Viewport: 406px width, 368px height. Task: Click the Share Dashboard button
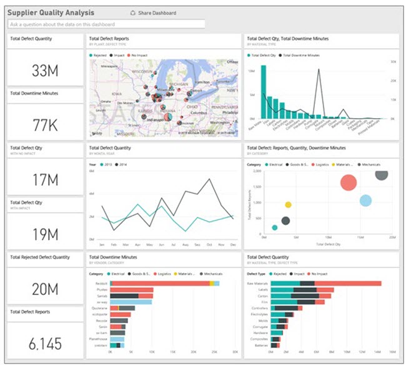coord(153,12)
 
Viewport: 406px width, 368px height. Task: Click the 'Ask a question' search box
coord(106,24)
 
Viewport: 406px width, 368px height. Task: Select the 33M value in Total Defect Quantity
coord(45,71)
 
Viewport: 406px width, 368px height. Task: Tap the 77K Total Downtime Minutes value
coord(45,125)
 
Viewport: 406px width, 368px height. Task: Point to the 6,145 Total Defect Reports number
coord(45,343)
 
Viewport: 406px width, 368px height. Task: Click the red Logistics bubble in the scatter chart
coord(349,182)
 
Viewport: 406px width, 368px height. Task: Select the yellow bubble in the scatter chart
coord(288,204)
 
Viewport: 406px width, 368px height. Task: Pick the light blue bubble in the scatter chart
coord(366,201)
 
